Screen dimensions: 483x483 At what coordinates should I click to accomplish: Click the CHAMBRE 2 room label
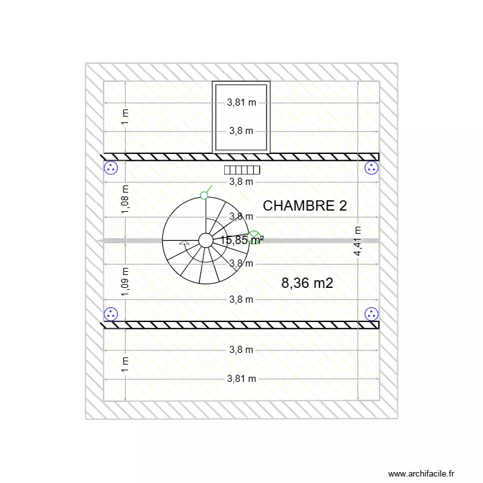point(305,206)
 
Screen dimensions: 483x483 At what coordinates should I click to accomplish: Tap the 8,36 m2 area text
point(307,283)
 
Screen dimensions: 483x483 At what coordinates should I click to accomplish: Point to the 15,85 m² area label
point(241,240)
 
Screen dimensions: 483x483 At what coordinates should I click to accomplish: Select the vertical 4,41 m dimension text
point(358,241)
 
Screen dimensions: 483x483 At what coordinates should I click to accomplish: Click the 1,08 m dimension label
point(126,199)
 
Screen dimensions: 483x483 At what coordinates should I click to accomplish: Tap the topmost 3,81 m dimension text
point(241,102)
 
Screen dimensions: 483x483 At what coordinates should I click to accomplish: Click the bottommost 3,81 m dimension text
point(241,379)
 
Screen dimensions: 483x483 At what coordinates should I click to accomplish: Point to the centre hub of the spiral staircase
point(205,240)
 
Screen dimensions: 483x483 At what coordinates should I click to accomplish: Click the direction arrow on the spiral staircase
point(184,244)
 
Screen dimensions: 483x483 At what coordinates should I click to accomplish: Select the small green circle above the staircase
point(204,195)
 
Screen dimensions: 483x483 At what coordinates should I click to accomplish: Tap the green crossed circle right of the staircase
point(254,238)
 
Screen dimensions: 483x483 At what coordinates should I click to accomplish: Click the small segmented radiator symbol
point(241,170)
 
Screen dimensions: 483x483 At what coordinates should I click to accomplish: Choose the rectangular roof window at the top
point(241,117)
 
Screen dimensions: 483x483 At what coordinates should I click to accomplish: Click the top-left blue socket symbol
point(111,169)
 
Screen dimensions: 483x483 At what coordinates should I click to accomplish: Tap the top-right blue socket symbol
point(372,169)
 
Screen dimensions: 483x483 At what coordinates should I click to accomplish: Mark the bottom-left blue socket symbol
point(111,314)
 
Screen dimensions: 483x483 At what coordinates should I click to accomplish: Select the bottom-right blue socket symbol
point(372,314)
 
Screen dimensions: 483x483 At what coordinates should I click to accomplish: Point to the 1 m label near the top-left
point(126,116)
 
